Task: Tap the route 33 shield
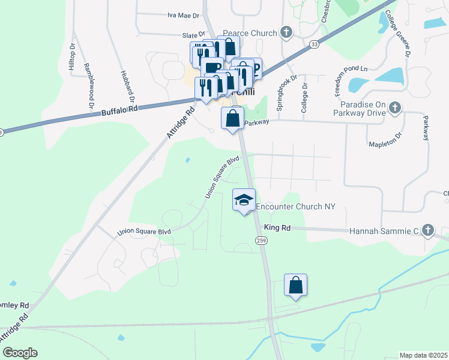314,44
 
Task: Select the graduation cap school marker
244,201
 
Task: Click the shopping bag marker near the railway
295,286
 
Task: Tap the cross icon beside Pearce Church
286,32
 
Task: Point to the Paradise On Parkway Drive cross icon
394,107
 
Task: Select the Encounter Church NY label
295,207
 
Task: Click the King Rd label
277,228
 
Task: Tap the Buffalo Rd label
119,110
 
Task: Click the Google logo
20,353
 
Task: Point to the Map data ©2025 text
423,355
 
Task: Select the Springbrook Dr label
287,93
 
